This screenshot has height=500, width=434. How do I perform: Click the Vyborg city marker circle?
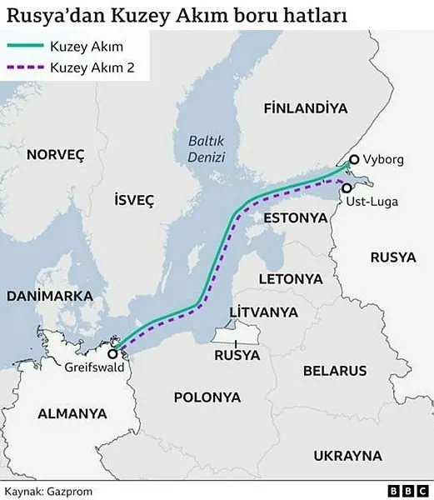(354, 160)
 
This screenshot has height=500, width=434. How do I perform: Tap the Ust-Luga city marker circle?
(347, 188)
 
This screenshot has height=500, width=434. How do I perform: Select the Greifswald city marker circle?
(112, 351)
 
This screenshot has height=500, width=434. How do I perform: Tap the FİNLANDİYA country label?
(304, 109)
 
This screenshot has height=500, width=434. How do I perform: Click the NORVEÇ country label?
(56, 154)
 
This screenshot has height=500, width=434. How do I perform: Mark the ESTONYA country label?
(293, 217)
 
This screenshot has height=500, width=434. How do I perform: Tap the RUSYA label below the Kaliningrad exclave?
(237, 355)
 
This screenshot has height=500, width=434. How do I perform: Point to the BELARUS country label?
(335, 369)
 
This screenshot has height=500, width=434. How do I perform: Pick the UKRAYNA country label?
(347, 456)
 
